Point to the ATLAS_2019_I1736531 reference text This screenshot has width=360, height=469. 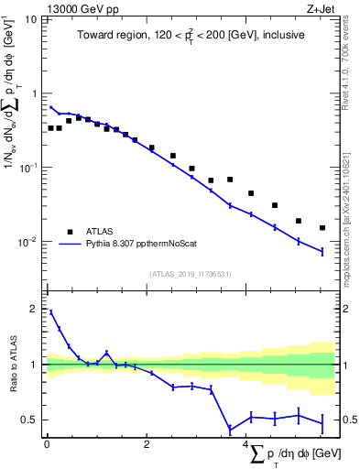click(190, 273)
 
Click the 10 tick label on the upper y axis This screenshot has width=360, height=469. click(29, 19)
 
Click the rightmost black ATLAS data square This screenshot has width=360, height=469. click(322, 228)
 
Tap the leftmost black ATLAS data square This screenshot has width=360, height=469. click(51, 128)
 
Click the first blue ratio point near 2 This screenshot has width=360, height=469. click(50, 312)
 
